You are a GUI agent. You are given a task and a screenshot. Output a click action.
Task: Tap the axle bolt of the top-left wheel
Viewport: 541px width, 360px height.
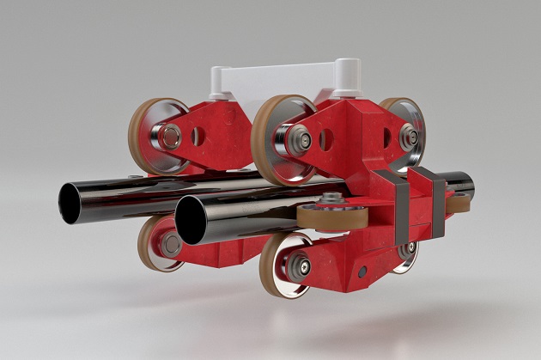171,136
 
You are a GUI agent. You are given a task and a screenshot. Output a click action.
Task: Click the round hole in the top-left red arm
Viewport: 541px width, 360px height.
199,135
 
